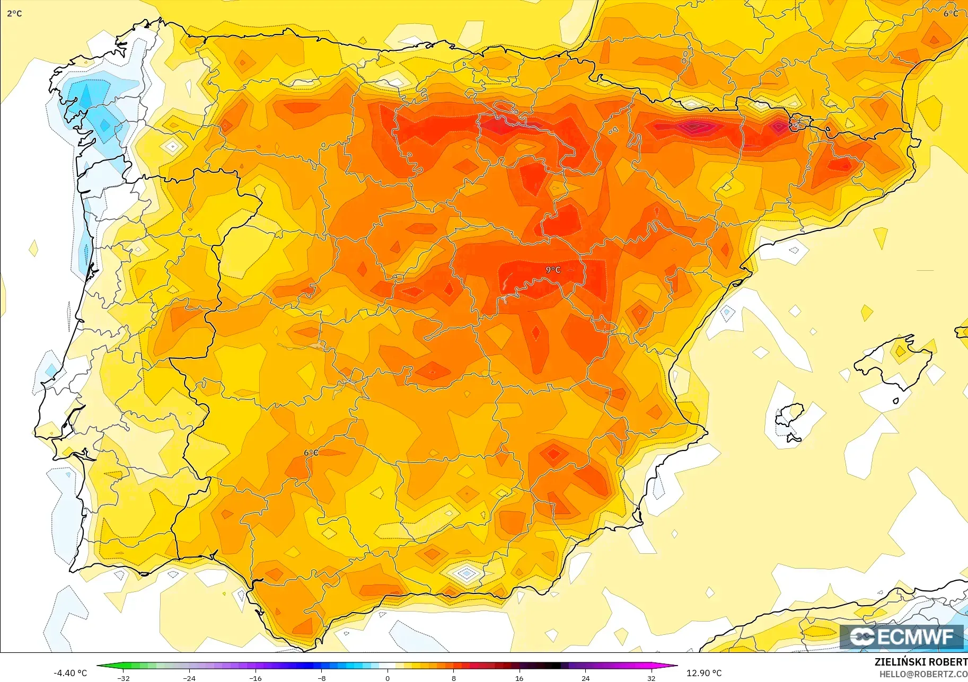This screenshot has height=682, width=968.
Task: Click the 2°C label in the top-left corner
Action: pos(14,13)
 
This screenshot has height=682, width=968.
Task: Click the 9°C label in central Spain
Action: pos(553,270)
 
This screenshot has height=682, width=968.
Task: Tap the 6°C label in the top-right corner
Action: pos(951,13)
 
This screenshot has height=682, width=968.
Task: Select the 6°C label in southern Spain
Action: pos(311,453)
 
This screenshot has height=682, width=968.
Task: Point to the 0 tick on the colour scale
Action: pos(388,678)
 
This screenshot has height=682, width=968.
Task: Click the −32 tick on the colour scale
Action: pos(123,678)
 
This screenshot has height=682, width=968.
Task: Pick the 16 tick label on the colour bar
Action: pos(519,678)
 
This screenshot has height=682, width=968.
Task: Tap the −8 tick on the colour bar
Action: pos(321,678)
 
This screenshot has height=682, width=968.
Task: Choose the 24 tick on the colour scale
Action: pos(585,678)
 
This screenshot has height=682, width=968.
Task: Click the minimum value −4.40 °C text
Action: pos(70,673)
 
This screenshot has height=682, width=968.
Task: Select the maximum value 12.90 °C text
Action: pos(704,673)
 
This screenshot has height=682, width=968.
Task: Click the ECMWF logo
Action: pos(901,636)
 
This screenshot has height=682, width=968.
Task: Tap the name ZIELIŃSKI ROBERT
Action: pos(921,662)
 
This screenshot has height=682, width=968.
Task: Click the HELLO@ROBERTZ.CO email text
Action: pos(923,674)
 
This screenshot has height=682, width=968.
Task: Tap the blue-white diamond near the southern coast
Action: pos(465,573)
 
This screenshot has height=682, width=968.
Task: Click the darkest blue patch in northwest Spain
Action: pos(85,95)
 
